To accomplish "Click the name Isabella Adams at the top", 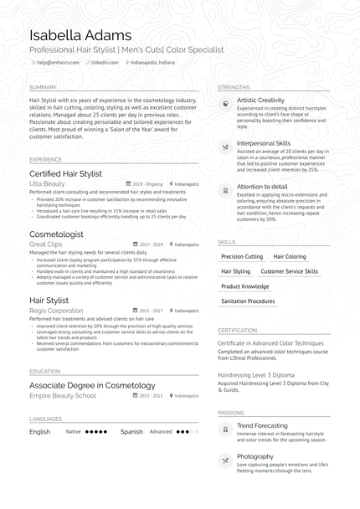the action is tap(80, 35).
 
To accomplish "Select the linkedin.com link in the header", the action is tap(105, 63).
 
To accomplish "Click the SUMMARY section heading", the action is tap(43, 87).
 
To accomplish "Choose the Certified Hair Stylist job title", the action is tap(65, 173).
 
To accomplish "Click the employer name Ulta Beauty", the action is tap(47, 183).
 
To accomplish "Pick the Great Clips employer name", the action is tap(46, 244).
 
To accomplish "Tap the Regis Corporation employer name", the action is tap(56, 310).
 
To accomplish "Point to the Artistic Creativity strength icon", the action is tap(225, 103).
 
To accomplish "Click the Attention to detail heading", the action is tap(261, 187).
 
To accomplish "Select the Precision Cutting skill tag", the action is tap(242, 257).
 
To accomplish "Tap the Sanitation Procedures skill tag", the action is tap(248, 301).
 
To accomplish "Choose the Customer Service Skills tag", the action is tap(289, 272).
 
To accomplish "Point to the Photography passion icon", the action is tap(225, 460).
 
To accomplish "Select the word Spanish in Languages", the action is tap(131, 432).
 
